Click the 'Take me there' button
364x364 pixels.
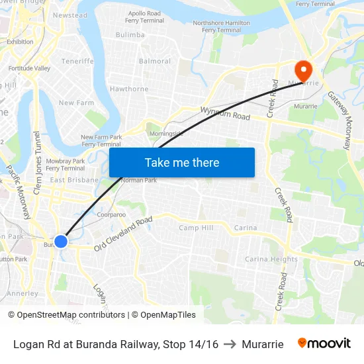click(181, 162)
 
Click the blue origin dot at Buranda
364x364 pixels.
click(60, 241)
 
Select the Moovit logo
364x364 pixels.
click(324, 343)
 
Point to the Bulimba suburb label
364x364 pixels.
click(130, 34)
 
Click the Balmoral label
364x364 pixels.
click(155, 62)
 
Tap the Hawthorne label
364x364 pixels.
click(129, 89)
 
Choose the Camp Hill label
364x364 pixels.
click(196, 228)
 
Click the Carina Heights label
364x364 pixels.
click(271, 259)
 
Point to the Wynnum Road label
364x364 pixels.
click(225, 114)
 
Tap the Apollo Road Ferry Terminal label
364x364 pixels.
click(144, 17)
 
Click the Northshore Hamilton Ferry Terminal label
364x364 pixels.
click(221, 26)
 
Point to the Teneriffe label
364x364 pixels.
click(77, 61)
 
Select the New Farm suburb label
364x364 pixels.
click(76, 103)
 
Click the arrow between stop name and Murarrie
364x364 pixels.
click(230, 344)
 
